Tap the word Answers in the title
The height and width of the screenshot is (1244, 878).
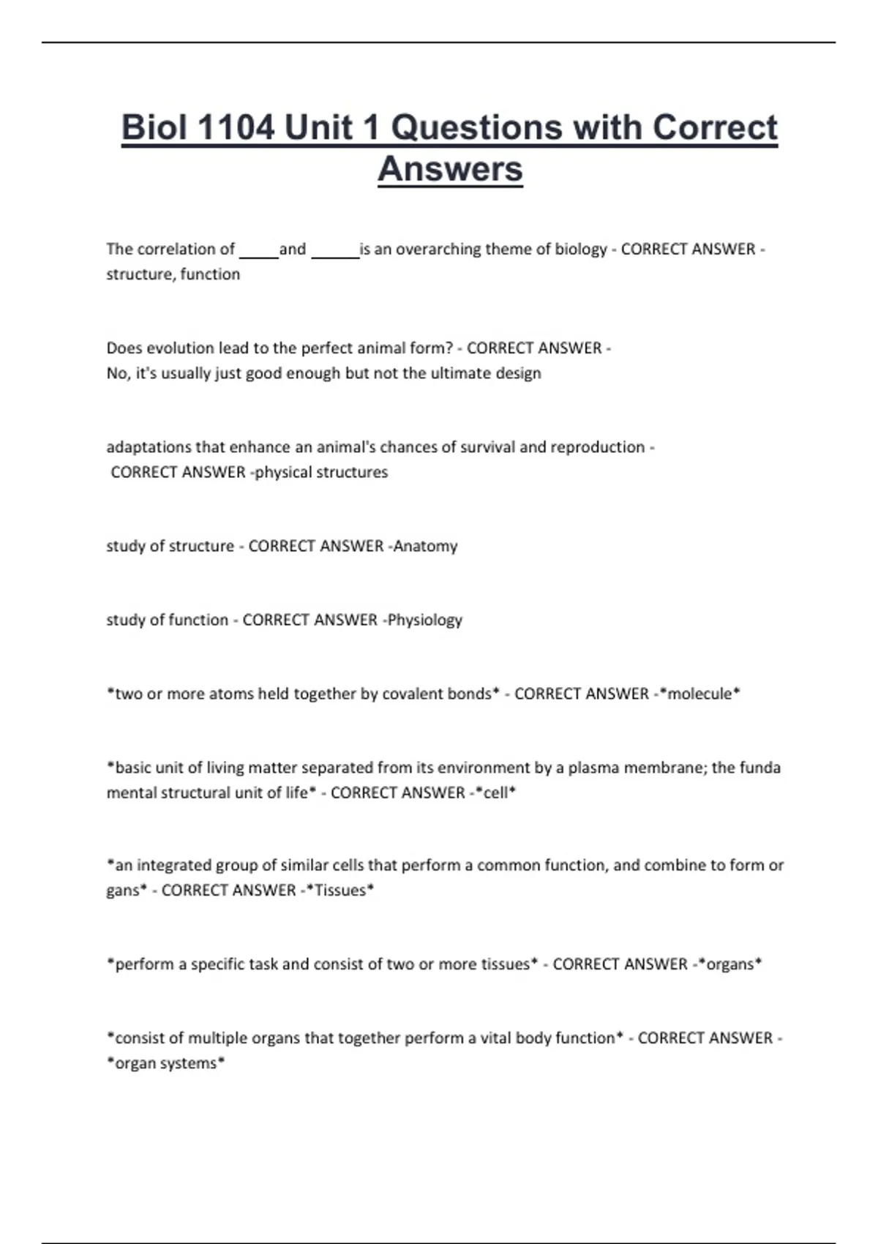[x=450, y=169]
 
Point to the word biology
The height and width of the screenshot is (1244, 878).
[x=581, y=250]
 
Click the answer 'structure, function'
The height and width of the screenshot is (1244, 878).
[x=173, y=274]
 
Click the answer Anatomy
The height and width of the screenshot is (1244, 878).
[x=425, y=546]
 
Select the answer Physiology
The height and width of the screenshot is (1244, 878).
[x=425, y=620]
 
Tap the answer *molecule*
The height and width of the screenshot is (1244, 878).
[x=700, y=694]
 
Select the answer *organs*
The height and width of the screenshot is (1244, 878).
[x=729, y=964]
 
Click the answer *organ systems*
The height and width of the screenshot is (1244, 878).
[x=166, y=1063]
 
